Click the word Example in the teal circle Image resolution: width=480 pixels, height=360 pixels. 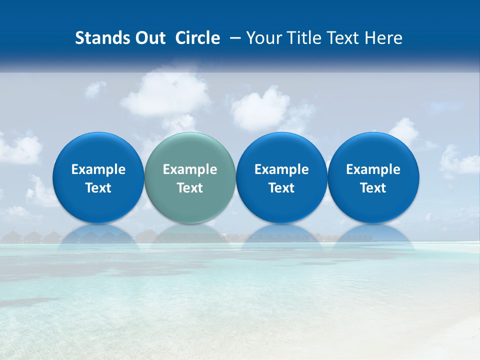click(190, 169)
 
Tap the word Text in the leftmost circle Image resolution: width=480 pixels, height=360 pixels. click(98, 188)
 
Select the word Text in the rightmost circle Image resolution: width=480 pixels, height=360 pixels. click(373, 188)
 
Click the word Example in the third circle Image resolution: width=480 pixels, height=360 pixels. click(281, 169)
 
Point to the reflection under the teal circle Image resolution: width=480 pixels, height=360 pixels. click(190, 235)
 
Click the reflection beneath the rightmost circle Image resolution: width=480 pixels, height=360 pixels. click(373, 235)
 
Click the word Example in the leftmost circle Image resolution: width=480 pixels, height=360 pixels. click(98, 169)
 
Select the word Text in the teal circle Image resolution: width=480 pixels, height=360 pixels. click(190, 188)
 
